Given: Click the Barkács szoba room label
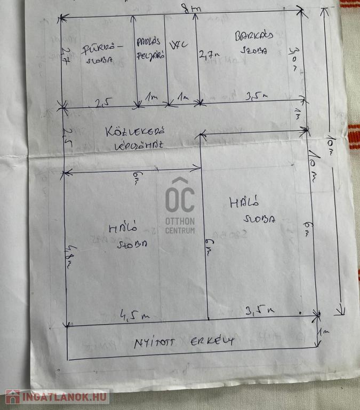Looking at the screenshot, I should pyautogui.click(x=254, y=43).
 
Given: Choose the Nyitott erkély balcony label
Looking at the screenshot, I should pyautogui.click(x=184, y=341).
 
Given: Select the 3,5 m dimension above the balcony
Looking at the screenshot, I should pyautogui.click(x=259, y=309).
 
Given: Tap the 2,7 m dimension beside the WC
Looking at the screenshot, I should pyautogui.click(x=209, y=54).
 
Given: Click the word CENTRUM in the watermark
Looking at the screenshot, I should pyautogui.click(x=180, y=231).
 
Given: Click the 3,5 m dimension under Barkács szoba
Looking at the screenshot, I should pyautogui.click(x=256, y=97).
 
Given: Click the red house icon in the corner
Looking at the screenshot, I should pyautogui.click(x=12, y=397).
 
